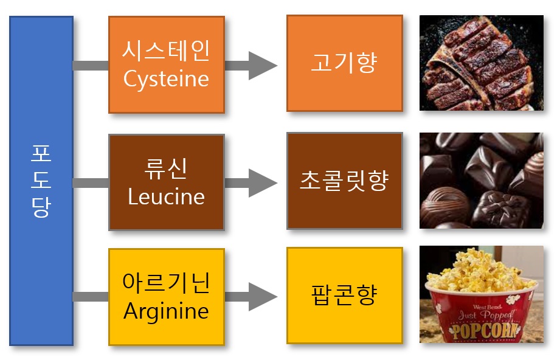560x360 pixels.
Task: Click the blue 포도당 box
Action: (x=41, y=181)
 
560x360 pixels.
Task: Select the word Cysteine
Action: (x=166, y=78)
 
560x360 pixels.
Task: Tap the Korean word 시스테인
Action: (x=166, y=51)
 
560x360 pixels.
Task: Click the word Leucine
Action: (x=166, y=196)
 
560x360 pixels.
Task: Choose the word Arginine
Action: (x=166, y=311)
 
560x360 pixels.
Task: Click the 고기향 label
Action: (x=344, y=64)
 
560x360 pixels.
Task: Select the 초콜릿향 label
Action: (x=344, y=181)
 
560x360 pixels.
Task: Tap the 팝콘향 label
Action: (x=344, y=295)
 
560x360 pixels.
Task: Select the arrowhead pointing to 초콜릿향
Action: (x=261, y=182)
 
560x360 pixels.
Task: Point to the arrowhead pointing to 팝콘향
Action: (x=261, y=297)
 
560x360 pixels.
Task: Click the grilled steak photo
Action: (x=482, y=63)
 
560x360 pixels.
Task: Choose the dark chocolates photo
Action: (x=482, y=181)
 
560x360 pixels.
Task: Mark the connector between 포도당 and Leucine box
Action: (x=91, y=182)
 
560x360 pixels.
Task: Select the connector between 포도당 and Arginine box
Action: (x=91, y=297)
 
